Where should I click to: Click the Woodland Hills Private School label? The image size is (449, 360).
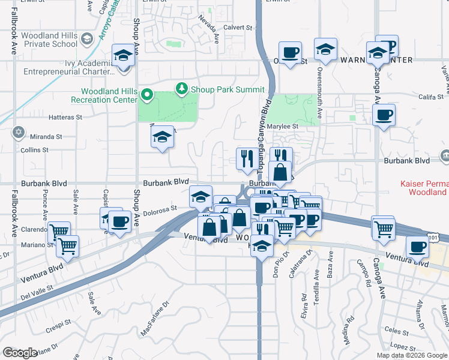49,40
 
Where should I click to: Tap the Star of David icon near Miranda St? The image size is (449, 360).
18,132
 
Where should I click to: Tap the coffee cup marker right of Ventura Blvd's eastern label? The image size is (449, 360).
418,246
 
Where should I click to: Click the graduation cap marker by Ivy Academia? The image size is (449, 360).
123,56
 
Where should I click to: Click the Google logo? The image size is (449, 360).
20,353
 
